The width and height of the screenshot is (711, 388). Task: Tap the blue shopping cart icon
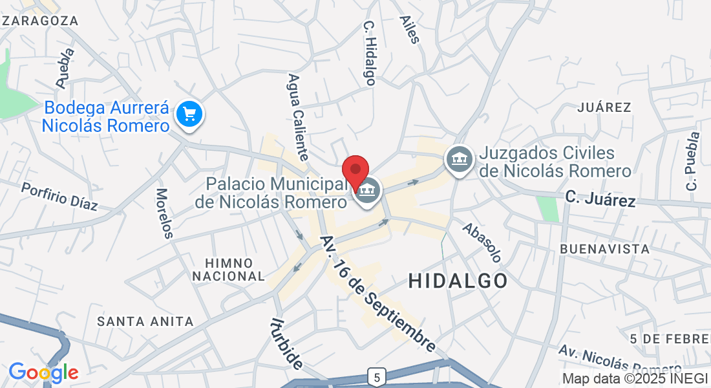point(190,114)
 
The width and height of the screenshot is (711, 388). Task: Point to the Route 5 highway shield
point(377,376)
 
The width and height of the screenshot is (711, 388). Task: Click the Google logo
point(43,372)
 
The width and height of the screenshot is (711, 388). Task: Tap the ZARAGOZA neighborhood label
point(40,21)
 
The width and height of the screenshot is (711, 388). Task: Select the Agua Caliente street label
point(298,117)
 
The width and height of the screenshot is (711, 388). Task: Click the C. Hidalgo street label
point(369,53)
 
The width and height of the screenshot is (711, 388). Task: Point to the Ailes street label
point(410,30)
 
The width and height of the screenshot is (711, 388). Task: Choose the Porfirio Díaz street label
point(59,197)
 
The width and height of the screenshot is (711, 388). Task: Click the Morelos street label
point(164,213)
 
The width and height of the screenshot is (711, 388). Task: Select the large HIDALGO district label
point(458,281)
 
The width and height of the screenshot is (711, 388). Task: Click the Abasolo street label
point(482,242)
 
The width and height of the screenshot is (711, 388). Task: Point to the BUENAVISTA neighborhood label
point(604,249)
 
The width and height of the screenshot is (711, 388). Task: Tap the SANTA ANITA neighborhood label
point(145,321)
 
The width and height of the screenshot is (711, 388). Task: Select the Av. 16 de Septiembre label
point(378,294)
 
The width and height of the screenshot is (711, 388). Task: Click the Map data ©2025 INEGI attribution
point(635,378)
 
